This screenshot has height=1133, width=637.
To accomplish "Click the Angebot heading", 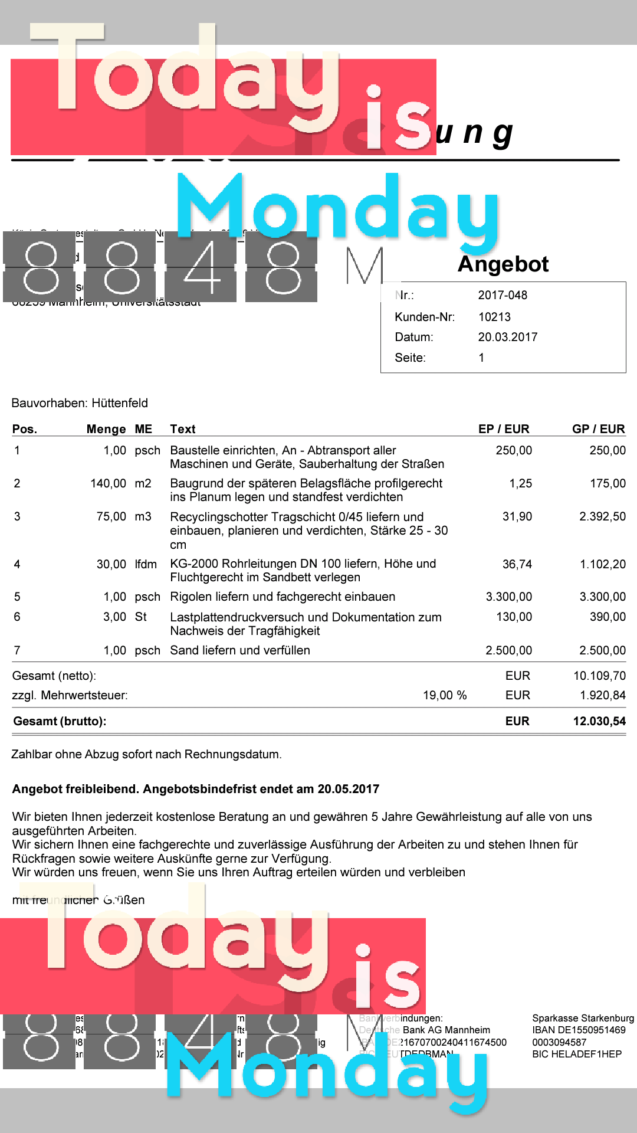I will click(503, 264).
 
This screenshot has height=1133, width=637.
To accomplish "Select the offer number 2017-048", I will click(503, 295).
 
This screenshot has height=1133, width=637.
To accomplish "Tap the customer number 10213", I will click(494, 317).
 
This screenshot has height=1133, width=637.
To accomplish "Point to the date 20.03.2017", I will click(507, 337).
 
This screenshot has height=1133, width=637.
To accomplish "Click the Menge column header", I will click(106, 429).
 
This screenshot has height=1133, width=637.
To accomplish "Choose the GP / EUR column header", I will click(598, 429).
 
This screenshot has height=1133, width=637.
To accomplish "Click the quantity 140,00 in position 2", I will click(108, 483).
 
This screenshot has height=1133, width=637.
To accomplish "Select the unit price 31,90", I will click(517, 516).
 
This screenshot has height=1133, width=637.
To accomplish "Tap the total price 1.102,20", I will click(602, 564).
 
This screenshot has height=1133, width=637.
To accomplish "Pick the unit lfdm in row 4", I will click(146, 564).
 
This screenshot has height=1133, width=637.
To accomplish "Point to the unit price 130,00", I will click(514, 617).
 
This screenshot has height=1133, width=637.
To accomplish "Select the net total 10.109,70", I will click(599, 676).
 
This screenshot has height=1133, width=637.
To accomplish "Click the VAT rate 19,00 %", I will click(445, 695).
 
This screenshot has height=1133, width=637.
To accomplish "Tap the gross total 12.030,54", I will click(599, 721).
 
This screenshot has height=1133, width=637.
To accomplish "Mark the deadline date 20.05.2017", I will click(348, 789).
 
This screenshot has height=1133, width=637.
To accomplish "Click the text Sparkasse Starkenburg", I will click(583, 1018).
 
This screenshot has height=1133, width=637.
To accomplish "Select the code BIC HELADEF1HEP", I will click(576, 1054).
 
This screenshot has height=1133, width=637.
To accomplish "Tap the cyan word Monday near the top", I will click(337, 209).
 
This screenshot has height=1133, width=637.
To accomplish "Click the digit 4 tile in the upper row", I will click(201, 267).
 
